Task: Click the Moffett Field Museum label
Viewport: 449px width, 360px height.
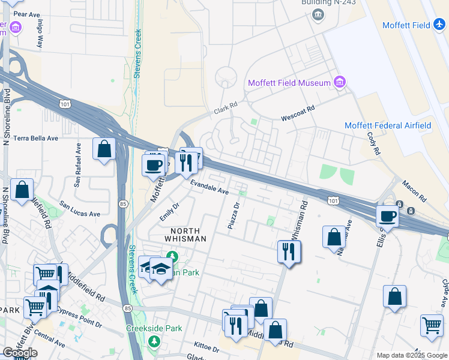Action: [x=290, y=83]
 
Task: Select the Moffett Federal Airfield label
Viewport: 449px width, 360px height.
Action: [x=388, y=125]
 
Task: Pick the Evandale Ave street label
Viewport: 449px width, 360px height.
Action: [x=209, y=188]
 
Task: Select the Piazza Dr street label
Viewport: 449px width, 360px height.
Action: [x=234, y=215]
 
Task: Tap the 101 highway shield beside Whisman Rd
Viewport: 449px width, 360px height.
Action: [x=333, y=200]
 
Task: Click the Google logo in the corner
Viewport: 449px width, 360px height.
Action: [x=20, y=353]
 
